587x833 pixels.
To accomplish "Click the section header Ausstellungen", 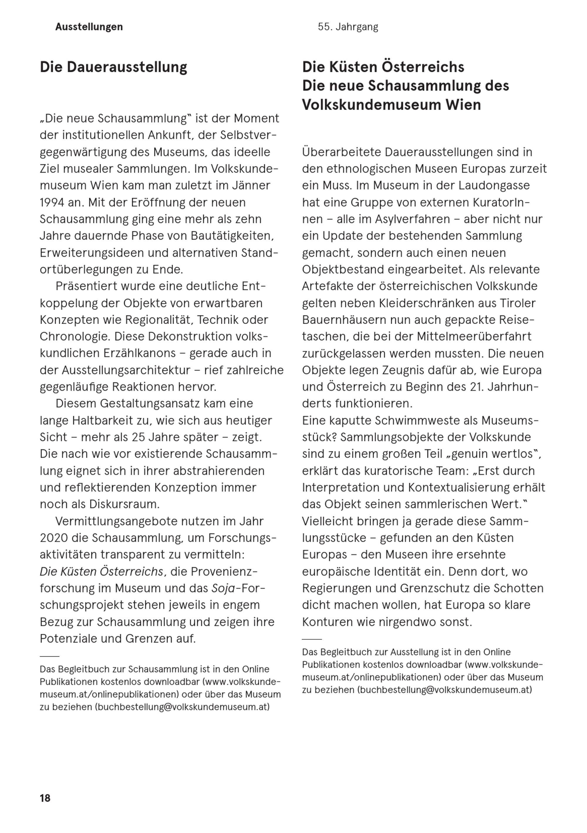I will click(89, 27).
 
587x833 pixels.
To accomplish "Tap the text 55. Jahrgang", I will click(348, 27).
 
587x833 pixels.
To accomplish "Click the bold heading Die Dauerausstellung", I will click(113, 67).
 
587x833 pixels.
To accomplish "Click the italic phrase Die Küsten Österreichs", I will click(102, 571).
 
